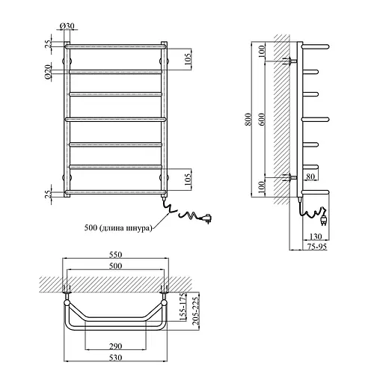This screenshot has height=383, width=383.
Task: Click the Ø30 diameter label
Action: (x=67, y=25)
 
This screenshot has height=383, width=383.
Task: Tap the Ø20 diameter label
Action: (x=48, y=72)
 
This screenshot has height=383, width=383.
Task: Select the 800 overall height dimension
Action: (x=248, y=119)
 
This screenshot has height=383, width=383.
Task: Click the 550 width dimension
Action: (x=116, y=254)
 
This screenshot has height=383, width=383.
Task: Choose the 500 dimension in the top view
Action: (x=116, y=266)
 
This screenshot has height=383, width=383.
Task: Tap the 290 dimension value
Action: (x=116, y=346)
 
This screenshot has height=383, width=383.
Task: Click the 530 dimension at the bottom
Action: (x=116, y=358)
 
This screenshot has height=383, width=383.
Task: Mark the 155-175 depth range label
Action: (x=183, y=307)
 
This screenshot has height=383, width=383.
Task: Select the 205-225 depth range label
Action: (x=196, y=310)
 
